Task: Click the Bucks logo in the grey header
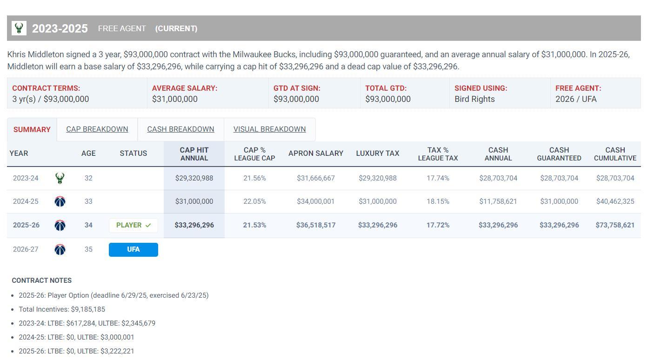(x=19, y=28)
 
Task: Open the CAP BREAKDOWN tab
(x=97, y=129)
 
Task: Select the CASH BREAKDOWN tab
(x=180, y=129)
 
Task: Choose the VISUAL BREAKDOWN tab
(x=269, y=129)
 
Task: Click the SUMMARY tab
(x=32, y=130)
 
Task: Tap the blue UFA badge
(x=133, y=250)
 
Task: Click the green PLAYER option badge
(x=133, y=226)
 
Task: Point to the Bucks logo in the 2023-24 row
(x=60, y=178)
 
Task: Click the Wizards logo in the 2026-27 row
(x=60, y=250)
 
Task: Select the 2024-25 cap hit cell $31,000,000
(x=194, y=202)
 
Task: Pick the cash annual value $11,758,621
(x=498, y=202)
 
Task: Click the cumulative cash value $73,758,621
(x=615, y=226)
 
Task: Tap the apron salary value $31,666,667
(x=316, y=178)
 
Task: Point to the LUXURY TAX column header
(x=378, y=153)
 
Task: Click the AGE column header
(x=88, y=153)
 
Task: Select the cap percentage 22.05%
(x=254, y=202)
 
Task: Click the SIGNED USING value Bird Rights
(x=474, y=99)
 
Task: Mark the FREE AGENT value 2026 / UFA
(x=576, y=99)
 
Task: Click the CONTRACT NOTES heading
(x=42, y=280)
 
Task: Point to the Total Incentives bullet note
(x=62, y=309)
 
